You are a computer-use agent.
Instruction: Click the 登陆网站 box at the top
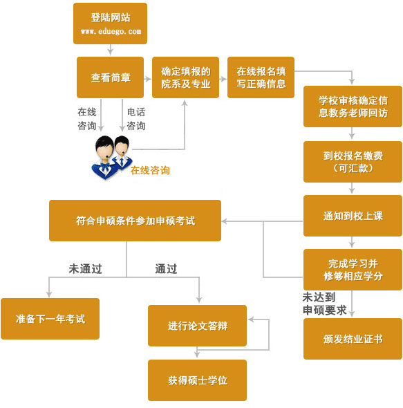click(110, 23)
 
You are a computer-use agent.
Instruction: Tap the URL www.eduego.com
click(110, 32)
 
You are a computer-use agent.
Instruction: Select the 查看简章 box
click(110, 77)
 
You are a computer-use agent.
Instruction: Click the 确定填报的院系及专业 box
click(185, 77)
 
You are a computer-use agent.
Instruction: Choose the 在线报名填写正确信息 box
click(261, 77)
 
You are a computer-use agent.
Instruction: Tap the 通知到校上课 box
click(353, 216)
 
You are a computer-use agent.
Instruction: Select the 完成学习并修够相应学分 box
click(353, 270)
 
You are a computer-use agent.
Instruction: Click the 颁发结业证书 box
click(353, 339)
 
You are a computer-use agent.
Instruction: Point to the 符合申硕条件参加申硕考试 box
click(135, 221)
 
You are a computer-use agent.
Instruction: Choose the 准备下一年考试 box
click(50, 319)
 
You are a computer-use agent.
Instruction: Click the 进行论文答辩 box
click(197, 326)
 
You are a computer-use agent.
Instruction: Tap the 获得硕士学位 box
click(197, 380)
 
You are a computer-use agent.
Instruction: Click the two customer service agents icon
click(111, 156)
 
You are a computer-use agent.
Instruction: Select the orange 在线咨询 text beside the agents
click(150, 170)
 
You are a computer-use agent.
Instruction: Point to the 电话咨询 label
click(135, 118)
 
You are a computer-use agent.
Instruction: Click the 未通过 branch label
click(84, 269)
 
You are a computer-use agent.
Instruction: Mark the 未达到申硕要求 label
click(324, 304)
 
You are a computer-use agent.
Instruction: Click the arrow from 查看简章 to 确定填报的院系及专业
click(148, 78)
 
